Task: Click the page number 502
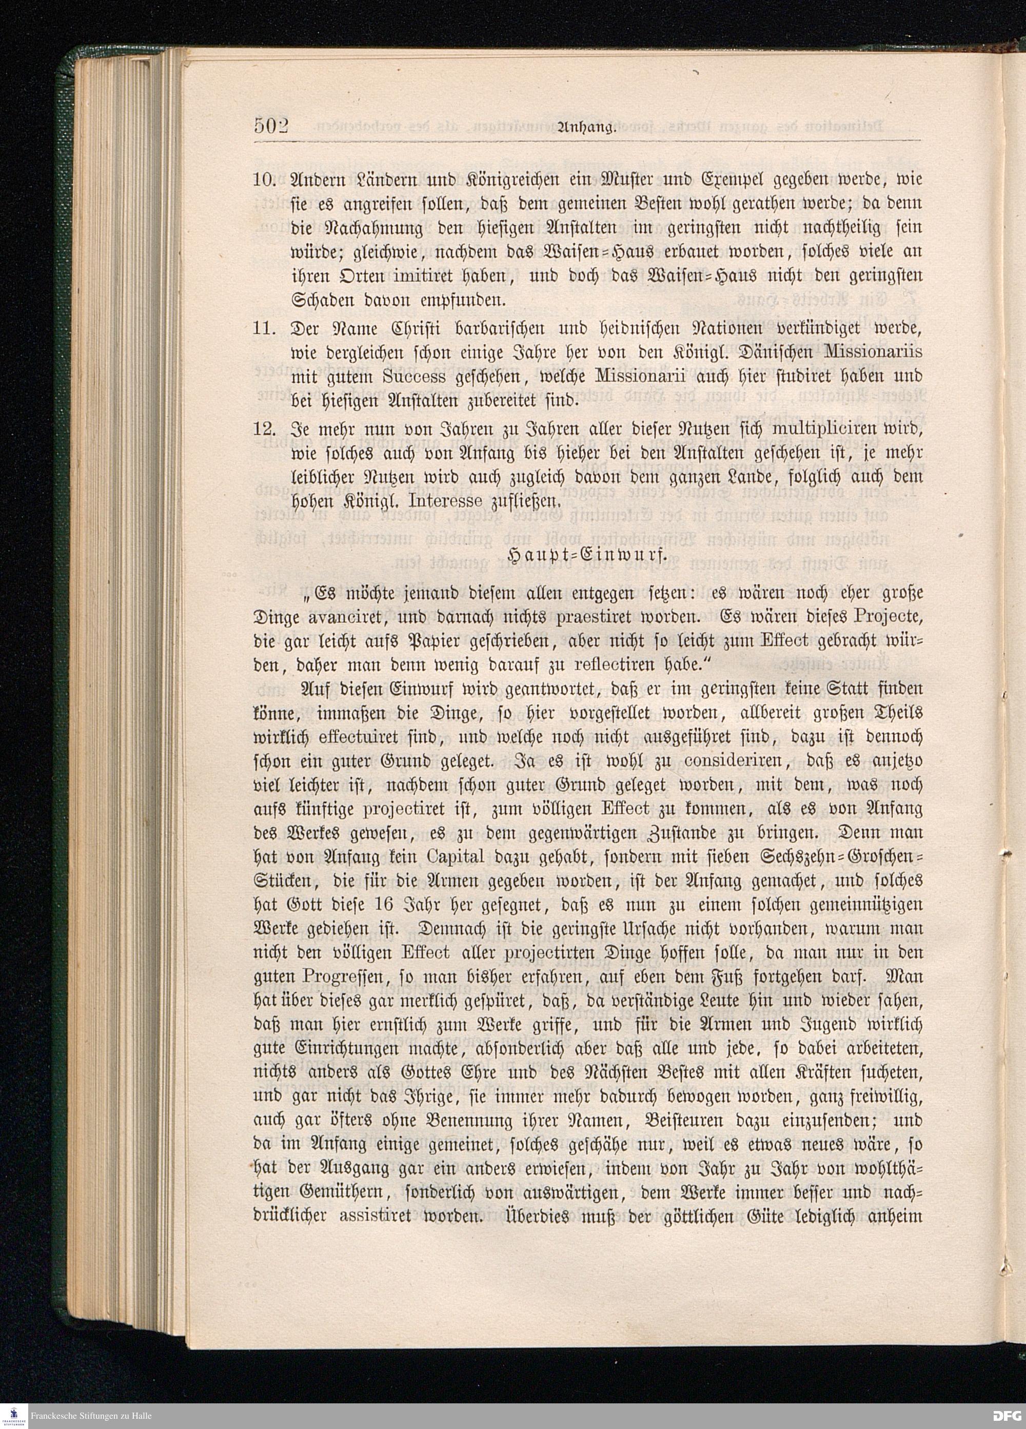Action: click(271, 126)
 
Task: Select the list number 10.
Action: click(265, 180)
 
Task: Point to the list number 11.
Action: click(265, 329)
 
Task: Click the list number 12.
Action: click(265, 429)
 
